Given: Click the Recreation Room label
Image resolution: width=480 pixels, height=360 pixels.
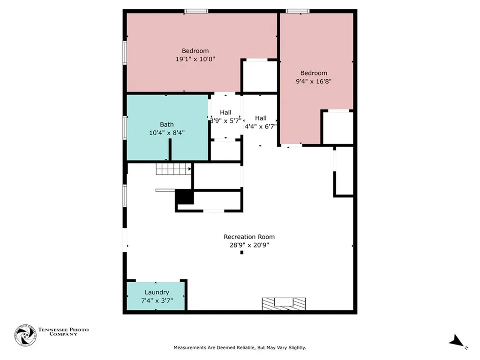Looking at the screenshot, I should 249,237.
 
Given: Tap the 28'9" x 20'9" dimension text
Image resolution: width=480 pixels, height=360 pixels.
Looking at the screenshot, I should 249,244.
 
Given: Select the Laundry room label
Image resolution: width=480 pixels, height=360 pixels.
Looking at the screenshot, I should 157,292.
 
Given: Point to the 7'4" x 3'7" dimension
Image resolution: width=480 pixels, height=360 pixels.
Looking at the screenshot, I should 157,300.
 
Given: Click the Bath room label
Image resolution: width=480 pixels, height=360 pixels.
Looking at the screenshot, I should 167,125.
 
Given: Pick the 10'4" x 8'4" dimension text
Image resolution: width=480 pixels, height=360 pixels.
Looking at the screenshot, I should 167,132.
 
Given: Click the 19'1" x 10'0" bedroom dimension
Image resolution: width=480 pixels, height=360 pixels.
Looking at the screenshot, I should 195,59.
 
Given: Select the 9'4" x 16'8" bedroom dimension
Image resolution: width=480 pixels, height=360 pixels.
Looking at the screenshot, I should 314,81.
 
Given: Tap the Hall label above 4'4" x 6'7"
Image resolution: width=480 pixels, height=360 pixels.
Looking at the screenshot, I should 261,118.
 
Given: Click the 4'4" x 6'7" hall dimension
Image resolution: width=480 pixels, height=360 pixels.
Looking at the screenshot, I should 261,126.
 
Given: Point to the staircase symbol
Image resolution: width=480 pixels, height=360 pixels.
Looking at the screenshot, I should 174,169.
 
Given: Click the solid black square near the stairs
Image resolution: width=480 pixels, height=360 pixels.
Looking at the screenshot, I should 184,197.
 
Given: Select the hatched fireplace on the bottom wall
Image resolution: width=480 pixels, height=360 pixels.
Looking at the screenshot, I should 284,304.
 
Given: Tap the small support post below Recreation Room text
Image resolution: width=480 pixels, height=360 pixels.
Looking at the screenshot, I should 242,253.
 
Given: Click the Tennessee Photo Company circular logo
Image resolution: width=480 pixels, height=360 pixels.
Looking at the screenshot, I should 25,335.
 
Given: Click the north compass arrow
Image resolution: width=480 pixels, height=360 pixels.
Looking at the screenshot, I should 457,341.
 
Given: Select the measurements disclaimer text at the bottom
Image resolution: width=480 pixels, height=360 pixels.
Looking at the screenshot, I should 240,348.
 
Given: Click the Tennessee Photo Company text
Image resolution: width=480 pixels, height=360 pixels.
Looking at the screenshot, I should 63,332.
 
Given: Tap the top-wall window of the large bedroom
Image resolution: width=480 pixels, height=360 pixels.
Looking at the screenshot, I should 196,11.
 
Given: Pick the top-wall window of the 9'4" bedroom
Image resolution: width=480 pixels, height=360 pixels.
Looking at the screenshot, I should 298,11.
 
